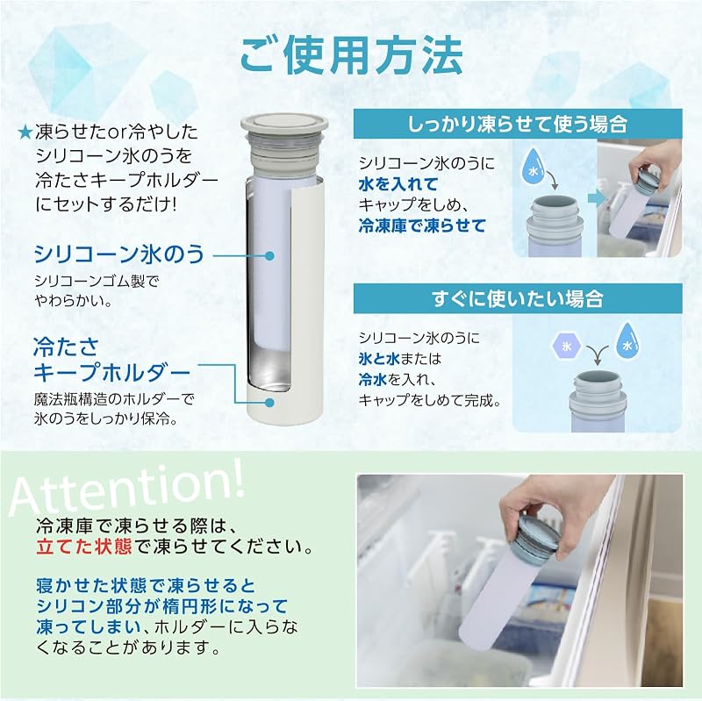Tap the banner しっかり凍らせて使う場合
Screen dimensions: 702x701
pyautogui.click(x=518, y=124)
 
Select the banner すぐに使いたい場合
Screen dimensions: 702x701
pyautogui.click(x=518, y=298)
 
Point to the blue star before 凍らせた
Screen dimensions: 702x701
pyautogui.click(x=25, y=132)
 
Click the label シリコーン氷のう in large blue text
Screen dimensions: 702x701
pyautogui.click(x=119, y=254)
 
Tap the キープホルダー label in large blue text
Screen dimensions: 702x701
pyautogui.click(x=112, y=373)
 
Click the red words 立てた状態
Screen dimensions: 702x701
pyautogui.click(x=84, y=547)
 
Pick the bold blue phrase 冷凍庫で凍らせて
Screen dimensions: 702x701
pyautogui.click(x=422, y=225)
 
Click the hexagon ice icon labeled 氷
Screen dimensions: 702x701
pyautogui.click(x=566, y=346)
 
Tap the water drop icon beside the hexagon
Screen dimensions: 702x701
pyautogui.click(x=627, y=340)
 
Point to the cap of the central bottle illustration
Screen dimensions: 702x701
pyautogui.click(x=284, y=144)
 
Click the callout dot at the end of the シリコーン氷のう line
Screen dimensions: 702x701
pyautogui.click(x=269, y=255)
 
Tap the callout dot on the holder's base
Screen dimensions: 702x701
pyautogui.click(x=269, y=402)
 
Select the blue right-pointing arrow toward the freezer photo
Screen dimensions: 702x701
pyautogui.click(x=596, y=199)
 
